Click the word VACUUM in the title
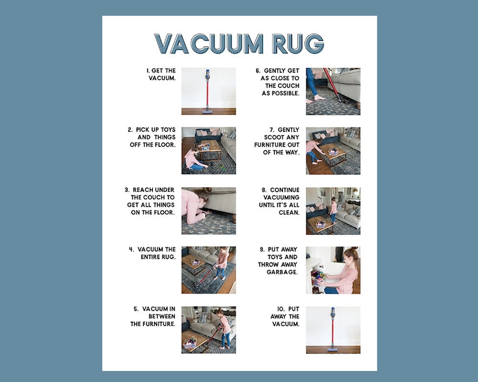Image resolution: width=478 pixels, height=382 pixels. tap(210, 44)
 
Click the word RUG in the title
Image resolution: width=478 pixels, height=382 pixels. tap(297, 44)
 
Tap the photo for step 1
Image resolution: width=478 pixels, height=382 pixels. tap(208, 91)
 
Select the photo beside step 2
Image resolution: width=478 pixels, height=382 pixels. tap(208, 150)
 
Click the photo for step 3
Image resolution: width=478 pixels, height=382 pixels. tap(208, 211)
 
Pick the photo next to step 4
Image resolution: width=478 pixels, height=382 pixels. tap(208, 270)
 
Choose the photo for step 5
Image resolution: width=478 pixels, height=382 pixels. tap(208, 330)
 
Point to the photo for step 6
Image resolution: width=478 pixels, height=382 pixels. tap(333, 91)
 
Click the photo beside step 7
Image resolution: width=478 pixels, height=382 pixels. tap(333, 150)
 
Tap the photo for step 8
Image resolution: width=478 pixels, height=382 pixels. tap(333, 211)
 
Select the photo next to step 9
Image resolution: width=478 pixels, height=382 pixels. tap(333, 270)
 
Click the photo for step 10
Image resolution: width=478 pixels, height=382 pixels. tap(333, 330)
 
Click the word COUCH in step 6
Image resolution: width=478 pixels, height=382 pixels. tap(288, 85)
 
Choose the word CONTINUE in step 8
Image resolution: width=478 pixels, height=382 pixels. tap(284, 189)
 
